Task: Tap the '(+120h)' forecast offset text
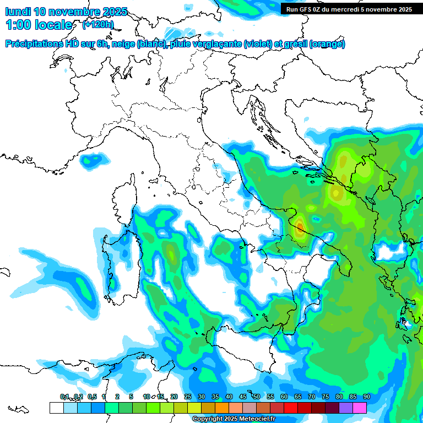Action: pyautogui.click(x=97, y=25)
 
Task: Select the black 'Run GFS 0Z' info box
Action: pyautogui.click(x=348, y=9)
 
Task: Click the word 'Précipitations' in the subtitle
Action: pyautogui.click(x=34, y=44)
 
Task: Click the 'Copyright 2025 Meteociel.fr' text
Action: pyautogui.click(x=234, y=419)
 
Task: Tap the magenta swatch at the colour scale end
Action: pyautogui.click(x=360, y=408)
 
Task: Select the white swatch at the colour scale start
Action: pyautogui.click(x=56, y=408)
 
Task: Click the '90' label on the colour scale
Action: pyautogui.click(x=366, y=397)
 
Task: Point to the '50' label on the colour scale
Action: pyautogui.click(x=256, y=397)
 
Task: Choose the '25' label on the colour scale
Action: pyautogui.click(x=187, y=397)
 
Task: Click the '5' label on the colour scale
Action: pyautogui.click(x=131, y=397)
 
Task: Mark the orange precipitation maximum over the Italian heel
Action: pyautogui.click(x=299, y=226)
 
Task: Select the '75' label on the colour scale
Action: pyautogui.click(x=325, y=397)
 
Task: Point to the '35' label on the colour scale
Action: pyautogui.click(x=215, y=397)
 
